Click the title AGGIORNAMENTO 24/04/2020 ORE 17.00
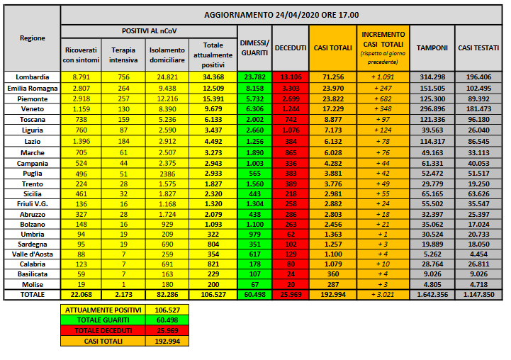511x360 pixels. tap(281, 14)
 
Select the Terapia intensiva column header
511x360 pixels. tap(123, 54)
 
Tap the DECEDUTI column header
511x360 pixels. tap(290, 47)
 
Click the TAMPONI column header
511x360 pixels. tap(432, 47)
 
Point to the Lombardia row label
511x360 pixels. tap(33, 77)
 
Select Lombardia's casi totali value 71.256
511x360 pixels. tap(333, 77)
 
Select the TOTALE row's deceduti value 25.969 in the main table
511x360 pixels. tap(290, 294)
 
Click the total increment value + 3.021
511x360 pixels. tap(383, 294)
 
